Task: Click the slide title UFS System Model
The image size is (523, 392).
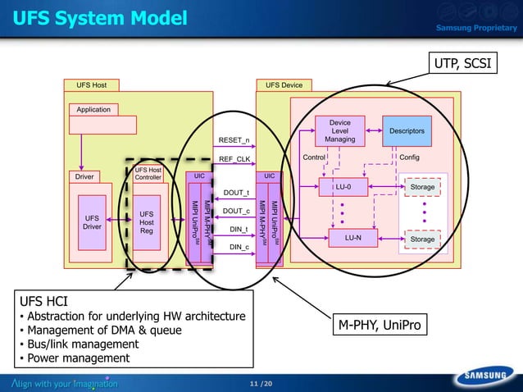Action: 100,17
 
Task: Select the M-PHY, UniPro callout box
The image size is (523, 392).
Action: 378,326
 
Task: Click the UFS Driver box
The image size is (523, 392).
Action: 93,222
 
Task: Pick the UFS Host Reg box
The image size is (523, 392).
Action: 147,222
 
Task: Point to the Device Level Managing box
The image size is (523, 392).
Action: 339,131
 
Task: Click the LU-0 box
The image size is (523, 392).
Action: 351,187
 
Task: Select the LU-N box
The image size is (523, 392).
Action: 352,238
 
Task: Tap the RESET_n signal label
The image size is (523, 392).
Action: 234,139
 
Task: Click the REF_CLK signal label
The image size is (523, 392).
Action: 234,159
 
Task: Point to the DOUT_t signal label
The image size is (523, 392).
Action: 236,193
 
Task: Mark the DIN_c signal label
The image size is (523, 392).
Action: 239,246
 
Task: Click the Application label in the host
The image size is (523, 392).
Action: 93,109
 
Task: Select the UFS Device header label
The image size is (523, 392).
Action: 284,84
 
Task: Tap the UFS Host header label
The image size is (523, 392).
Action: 91,84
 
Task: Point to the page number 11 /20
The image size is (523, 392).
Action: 261,384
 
